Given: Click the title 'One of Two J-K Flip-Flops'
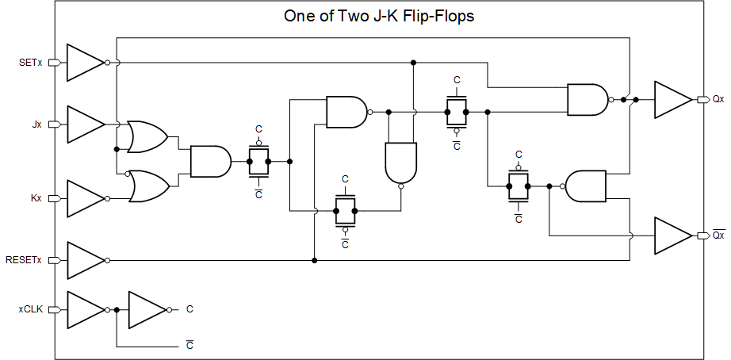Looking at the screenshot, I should pos(379,16).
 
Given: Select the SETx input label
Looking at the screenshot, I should pos(31,62).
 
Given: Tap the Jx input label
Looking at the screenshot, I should pos(36,124).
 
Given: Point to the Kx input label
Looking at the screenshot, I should pos(36,197).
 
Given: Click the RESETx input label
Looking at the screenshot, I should pos(25,259).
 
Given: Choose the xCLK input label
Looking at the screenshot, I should pos(31,309).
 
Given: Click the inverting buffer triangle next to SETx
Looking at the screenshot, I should pos(84,62).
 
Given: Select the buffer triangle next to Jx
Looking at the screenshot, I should pos(84,124).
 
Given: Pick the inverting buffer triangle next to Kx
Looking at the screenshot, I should pos(84,197).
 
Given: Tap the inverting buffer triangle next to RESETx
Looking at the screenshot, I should pos(84,259).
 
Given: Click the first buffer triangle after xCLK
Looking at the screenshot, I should pos(84,309).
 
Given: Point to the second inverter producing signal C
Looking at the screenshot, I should pos(146,309).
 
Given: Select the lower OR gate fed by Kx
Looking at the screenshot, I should pos(149,186).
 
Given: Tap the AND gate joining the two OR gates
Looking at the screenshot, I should pos(209,162).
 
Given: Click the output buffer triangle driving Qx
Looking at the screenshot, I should pos(672,99).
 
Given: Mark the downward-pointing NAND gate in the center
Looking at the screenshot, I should pos(400,163).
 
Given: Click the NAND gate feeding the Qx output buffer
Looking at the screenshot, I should pos(587,99).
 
